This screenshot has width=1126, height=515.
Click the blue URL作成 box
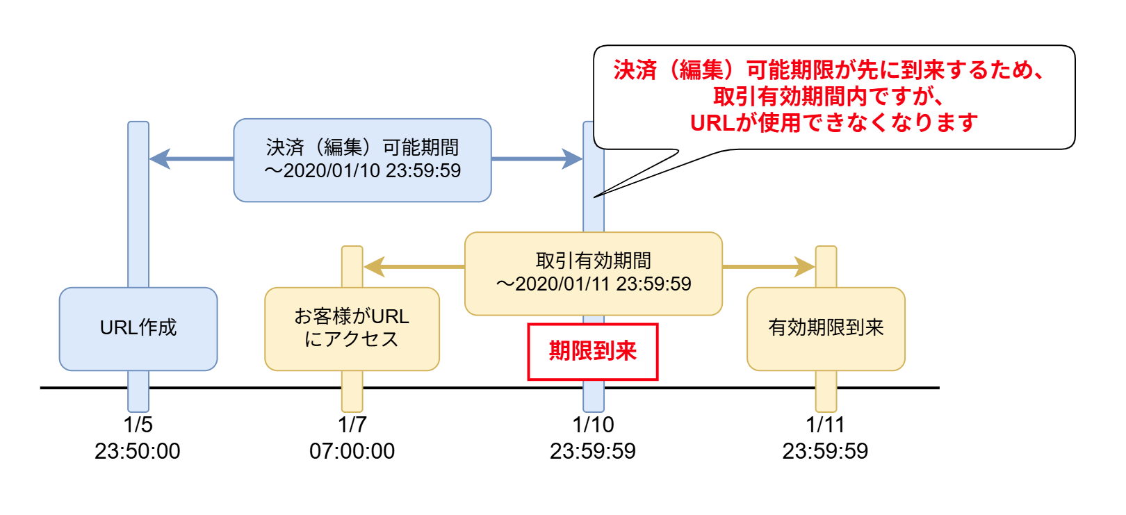(x=138, y=329)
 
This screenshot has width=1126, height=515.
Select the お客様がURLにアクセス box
(x=352, y=329)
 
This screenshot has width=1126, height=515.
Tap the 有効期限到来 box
(x=826, y=329)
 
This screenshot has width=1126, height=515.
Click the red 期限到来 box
(x=592, y=352)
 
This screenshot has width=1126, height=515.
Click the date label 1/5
(x=138, y=425)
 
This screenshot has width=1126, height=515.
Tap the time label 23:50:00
(x=138, y=452)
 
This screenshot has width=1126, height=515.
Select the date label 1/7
(x=352, y=425)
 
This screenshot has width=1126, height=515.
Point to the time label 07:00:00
(x=352, y=452)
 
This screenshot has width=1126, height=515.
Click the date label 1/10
(x=593, y=425)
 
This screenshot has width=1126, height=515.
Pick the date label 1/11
(x=825, y=425)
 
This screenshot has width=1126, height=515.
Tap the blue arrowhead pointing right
(x=572, y=159)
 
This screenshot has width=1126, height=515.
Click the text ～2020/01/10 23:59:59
(x=362, y=171)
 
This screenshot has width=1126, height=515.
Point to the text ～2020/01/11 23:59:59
(x=593, y=284)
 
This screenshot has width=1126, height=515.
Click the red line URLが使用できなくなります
(x=834, y=123)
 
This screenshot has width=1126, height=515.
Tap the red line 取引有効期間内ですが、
(x=829, y=97)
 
